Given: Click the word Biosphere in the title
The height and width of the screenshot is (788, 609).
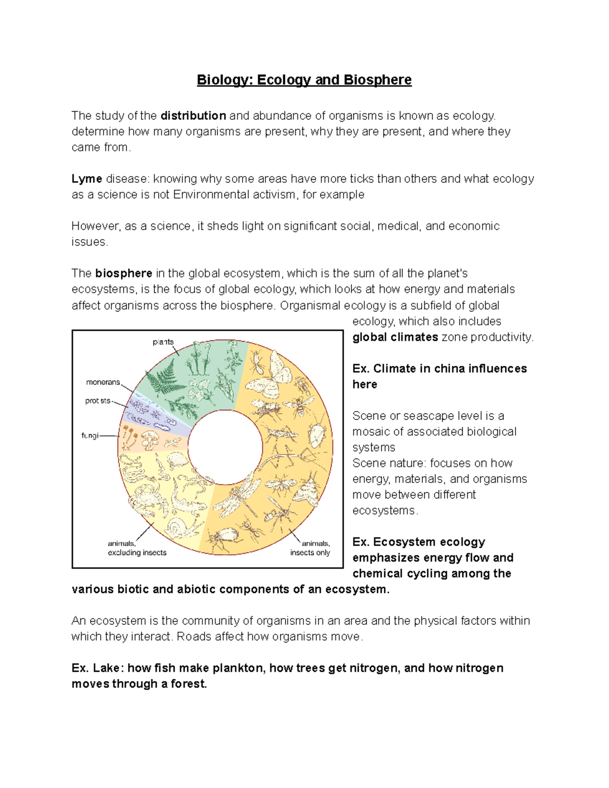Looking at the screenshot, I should click(x=377, y=80).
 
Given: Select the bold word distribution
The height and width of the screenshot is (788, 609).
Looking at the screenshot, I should click(x=193, y=116).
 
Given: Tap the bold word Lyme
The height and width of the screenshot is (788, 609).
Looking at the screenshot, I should click(x=87, y=179).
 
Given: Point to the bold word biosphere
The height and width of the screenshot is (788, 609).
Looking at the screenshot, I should click(x=123, y=273).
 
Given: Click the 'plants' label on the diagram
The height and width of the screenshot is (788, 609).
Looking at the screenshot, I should click(x=163, y=342).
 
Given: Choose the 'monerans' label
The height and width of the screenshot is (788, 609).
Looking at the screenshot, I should click(x=103, y=382).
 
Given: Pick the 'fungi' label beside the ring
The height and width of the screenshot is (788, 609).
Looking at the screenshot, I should click(x=90, y=435).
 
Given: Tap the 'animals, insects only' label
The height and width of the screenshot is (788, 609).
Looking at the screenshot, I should click(x=310, y=548).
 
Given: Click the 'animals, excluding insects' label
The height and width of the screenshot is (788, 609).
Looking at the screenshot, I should click(x=137, y=548).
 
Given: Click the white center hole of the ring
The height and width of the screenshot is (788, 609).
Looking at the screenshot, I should click(x=225, y=447).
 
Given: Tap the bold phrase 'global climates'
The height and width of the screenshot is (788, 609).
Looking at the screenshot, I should click(x=395, y=337).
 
